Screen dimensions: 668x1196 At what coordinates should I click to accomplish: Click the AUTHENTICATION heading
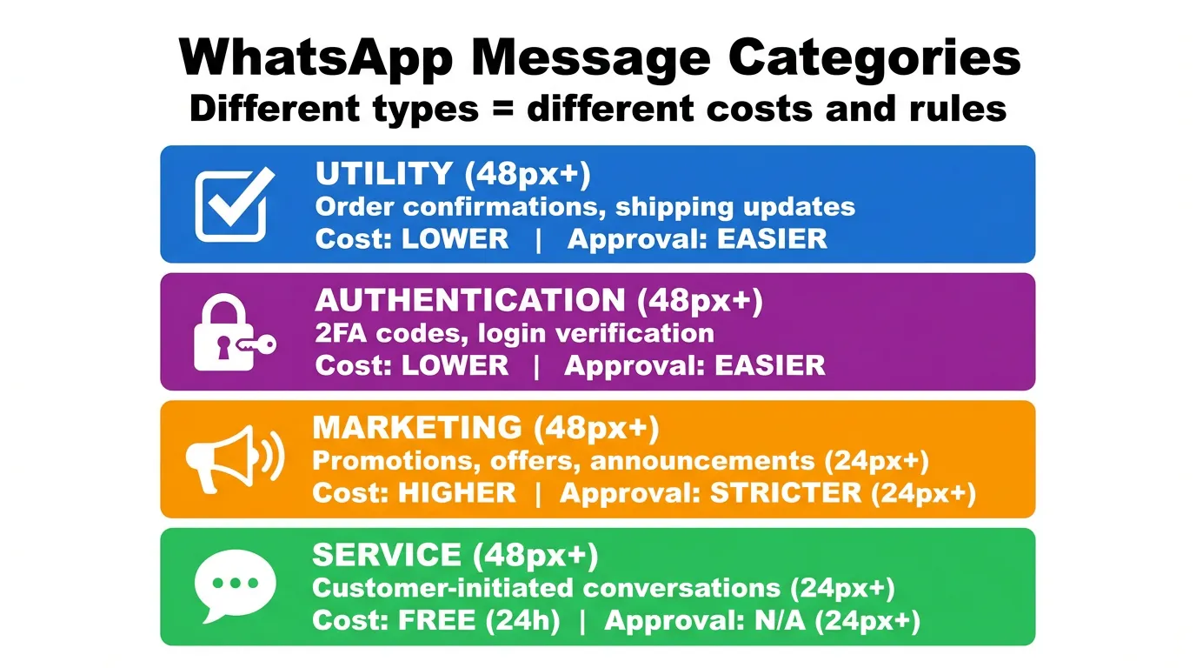tap(469, 301)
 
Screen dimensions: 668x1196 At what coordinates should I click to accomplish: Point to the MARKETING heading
tap(416, 428)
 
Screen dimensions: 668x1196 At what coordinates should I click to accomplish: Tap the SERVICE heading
tap(386, 555)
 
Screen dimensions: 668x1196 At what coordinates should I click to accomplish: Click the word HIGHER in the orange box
tap(457, 493)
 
